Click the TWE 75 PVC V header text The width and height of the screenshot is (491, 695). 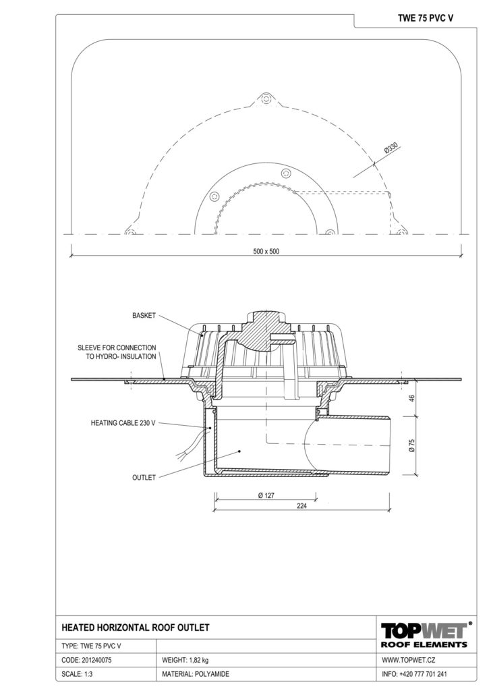click(425, 18)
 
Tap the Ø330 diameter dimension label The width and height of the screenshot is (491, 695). click(391, 148)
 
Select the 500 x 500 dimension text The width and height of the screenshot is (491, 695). click(266, 251)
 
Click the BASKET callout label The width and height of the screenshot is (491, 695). click(144, 316)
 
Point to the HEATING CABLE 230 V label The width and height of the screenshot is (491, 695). click(123, 423)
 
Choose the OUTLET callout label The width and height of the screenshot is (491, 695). click(144, 477)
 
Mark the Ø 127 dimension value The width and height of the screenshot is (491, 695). click(266, 495)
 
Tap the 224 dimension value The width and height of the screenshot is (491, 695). click(301, 506)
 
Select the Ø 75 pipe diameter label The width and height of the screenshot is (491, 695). click(411, 445)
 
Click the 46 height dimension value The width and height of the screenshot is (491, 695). click(411, 398)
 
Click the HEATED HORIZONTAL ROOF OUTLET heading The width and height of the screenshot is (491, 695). click(135, 628)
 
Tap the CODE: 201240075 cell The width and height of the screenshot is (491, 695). click(86, 660)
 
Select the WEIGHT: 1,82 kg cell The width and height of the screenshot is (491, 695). click(185, 660)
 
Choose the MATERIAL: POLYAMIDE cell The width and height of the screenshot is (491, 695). click(196, 674)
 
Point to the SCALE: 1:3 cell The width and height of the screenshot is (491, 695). click(77, 674)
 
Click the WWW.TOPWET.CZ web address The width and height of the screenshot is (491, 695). click(408, 660)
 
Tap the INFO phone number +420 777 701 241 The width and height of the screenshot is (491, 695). click(423, 674)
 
